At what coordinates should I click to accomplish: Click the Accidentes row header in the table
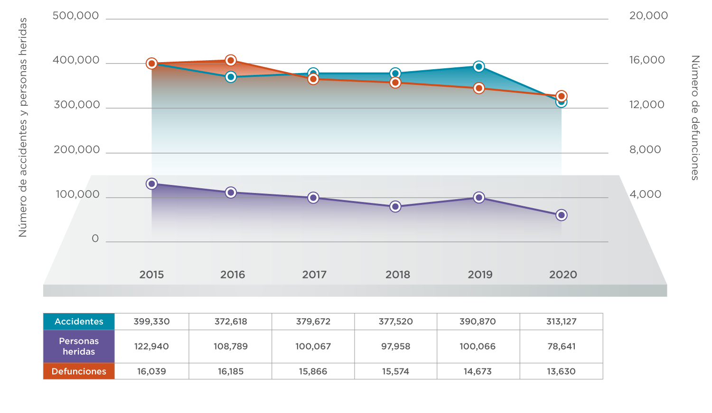tap(79, 321)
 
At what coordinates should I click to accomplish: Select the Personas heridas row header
tap(79, 346)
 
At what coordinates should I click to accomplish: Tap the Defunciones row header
tap(79, 371)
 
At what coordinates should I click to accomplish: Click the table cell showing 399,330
tap(151, 321)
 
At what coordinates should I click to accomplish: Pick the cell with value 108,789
tap(231, 346)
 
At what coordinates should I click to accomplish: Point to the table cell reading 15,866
tap(313, 371)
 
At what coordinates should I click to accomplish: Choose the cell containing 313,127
tap(561, 321)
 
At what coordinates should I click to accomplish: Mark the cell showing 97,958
tap(395, 346)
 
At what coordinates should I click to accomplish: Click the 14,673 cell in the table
tap(478, 371)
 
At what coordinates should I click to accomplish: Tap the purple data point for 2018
tap(395, 206)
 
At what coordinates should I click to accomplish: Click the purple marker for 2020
tap(561, 215)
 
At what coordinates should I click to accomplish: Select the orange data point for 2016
tap(231, 60)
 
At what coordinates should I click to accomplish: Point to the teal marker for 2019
tap(479, 66)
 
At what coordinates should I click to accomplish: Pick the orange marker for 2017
tap(313, 79)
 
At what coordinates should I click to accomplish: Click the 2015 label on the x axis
tap(151, 275)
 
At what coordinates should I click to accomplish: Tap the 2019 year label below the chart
tap(480, 275)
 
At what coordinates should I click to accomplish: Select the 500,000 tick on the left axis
tap(75, 16)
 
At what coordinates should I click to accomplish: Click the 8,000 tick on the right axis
tap(645, 150)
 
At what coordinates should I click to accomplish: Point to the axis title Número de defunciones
tap(695, 118)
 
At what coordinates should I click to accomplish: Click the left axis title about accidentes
tap(23, 127)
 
